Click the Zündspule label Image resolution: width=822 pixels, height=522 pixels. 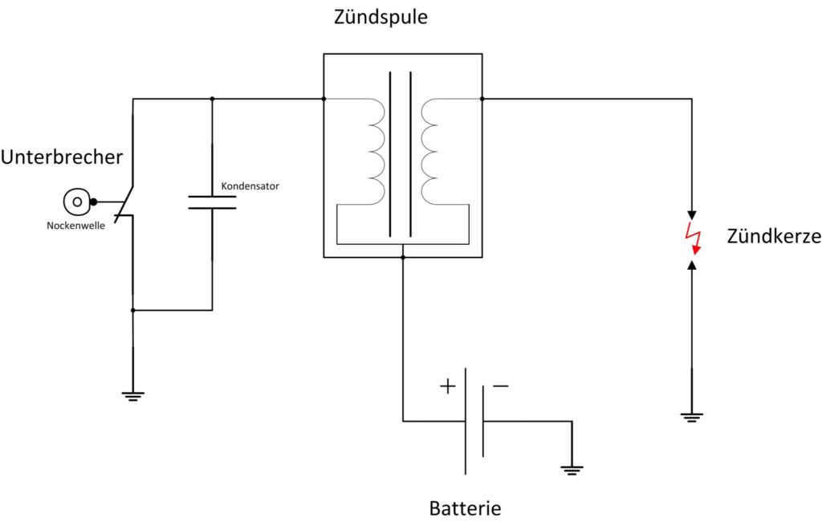[x=380, y=17]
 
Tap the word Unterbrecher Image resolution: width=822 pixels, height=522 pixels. [x=62, y=157]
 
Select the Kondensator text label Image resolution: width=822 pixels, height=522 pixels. [x=250, y=186]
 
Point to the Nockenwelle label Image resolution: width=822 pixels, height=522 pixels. [x=75, y=226]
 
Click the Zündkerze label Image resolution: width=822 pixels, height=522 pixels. [x=774, y=237]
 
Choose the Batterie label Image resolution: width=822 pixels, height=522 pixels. [x=465, y=508]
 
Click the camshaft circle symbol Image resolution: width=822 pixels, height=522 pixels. [x=77, y=202]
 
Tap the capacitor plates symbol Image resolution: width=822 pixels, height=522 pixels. [x=212, y=202]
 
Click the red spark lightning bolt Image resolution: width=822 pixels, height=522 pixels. [x=693, y=239]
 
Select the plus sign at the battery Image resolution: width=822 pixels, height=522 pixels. [x=448, y=386]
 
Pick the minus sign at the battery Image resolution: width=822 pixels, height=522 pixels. [x=501, y=386]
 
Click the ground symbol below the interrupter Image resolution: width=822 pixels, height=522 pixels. [x=132, y=397]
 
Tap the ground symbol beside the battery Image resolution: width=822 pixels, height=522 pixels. [x=572, y=470]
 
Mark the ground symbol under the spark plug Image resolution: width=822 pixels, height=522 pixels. [x=691, y=418]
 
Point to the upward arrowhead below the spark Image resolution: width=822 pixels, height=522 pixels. [x=691, y=265]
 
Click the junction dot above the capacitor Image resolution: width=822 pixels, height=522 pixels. [x=212, y=99]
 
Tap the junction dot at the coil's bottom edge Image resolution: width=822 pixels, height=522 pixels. [x=403, y=257]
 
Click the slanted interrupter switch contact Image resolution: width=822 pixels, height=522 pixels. [x=124, y=203]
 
